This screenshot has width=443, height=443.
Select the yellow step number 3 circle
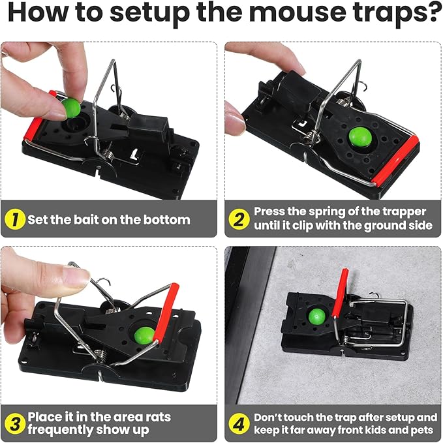click(14, 423)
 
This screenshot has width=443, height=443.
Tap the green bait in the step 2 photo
click(357, 136)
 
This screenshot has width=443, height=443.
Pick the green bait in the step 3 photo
click(145, 335)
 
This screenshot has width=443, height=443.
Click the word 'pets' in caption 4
click(421, 431)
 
